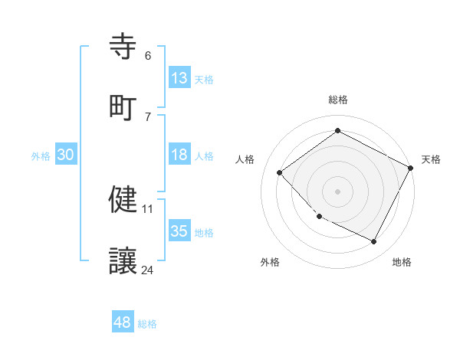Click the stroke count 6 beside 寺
[148, 56]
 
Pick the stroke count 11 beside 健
[148, 208]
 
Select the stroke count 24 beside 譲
[148, 270]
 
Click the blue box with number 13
[179, 78]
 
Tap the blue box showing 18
[179, 155]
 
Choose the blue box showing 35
[179, 231]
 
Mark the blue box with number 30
[66, 155]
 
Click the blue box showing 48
[123, 322]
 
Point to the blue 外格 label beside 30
[41, 156]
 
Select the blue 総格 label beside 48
[147, 324]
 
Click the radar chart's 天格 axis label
[431, 159]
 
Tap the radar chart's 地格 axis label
[402, 262]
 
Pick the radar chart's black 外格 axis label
[270, 262]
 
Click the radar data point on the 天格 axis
[411, 168]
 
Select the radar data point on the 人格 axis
[280, 172]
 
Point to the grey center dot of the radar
[337, 191]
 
